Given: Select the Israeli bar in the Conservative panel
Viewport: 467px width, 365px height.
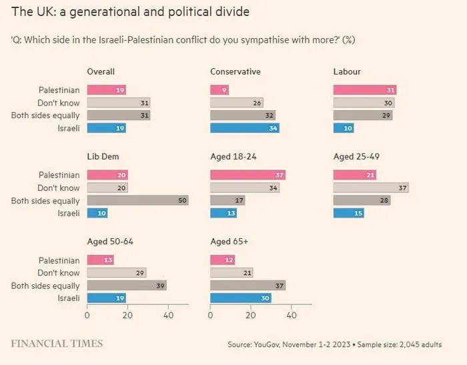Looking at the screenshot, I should point(244,128).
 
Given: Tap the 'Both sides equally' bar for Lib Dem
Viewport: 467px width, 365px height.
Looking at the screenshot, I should point(137,201).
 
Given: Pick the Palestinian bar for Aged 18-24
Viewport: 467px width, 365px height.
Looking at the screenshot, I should point(248,175).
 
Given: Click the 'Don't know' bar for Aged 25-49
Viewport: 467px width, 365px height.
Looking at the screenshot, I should point(370,188).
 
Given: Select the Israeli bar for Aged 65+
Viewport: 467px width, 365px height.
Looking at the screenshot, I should point(240,298).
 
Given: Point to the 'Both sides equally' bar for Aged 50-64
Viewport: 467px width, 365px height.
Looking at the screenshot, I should point(127,286).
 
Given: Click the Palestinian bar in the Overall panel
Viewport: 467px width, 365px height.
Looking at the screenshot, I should point(106,90).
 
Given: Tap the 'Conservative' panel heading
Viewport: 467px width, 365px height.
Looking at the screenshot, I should point(235,72).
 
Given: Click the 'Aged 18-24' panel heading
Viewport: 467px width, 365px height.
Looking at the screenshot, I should point(233,157).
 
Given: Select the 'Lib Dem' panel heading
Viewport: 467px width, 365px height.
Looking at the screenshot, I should point(103,157).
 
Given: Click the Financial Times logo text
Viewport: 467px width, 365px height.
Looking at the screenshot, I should point(57,344).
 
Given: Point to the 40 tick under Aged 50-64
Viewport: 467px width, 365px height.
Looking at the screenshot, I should point(168,316).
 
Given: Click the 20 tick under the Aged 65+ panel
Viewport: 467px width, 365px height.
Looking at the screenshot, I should point(251,316).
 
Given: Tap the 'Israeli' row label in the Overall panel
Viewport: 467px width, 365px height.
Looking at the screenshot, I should point(67,128).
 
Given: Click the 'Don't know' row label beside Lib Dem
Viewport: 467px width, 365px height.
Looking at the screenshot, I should point(59,188).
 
